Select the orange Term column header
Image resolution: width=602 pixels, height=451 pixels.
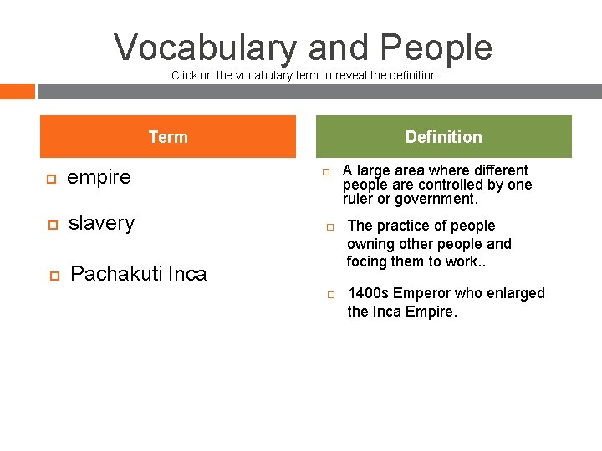coord(168,137)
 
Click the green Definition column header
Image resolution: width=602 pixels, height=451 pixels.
coord(443,137)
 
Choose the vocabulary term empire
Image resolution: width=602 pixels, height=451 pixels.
coord(99,177)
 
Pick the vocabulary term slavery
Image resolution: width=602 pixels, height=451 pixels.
coord(101,223)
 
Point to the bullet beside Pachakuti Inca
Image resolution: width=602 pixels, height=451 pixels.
coord(53,275)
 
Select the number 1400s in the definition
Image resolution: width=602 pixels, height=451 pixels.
coord(367,293)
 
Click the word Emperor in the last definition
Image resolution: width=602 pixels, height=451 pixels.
coord(421,293)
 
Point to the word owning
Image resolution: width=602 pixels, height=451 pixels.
coord(370,244)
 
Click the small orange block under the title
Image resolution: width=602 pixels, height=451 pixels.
coord(18,91)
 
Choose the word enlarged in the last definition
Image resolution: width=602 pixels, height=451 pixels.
coord(515,293)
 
